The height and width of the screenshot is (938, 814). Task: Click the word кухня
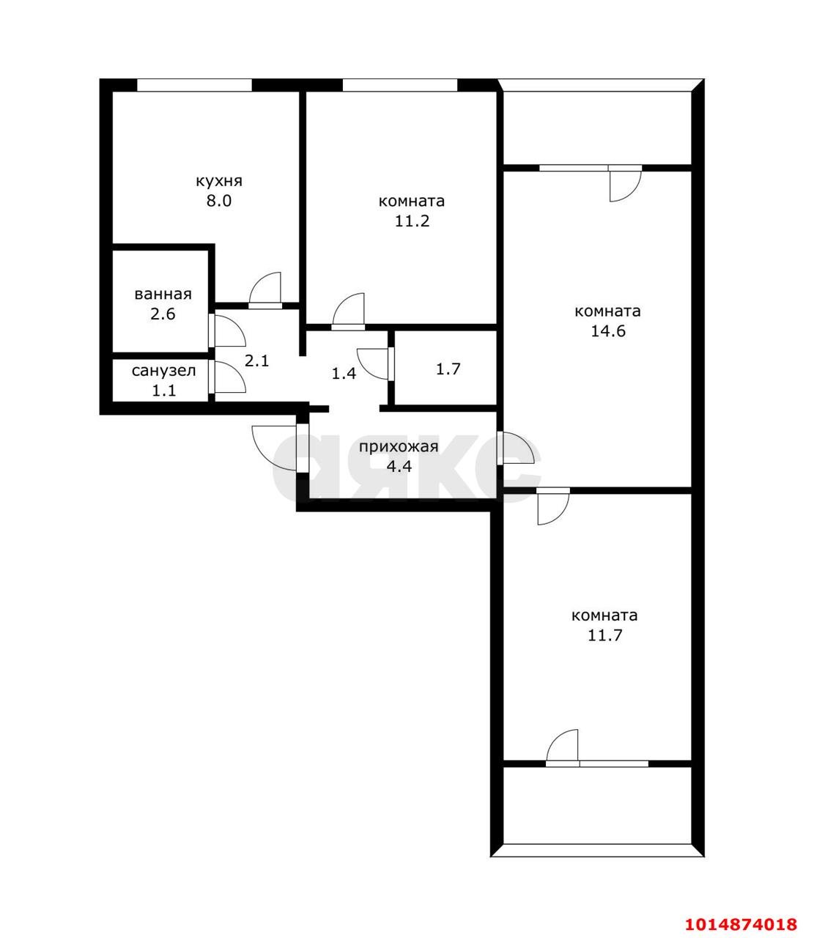219,182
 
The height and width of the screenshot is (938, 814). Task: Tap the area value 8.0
219,201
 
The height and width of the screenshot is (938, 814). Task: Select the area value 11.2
412,221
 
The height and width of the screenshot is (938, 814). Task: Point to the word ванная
163,294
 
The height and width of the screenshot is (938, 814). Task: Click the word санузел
163,370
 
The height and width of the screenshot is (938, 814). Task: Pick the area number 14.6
607,331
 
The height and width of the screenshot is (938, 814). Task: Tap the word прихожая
399,446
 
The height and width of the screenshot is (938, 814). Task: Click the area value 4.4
399,467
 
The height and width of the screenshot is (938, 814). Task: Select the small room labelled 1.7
445,369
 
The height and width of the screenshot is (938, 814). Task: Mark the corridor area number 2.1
256,361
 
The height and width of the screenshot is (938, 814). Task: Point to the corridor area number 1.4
344,374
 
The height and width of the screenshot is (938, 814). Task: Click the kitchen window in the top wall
194,85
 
